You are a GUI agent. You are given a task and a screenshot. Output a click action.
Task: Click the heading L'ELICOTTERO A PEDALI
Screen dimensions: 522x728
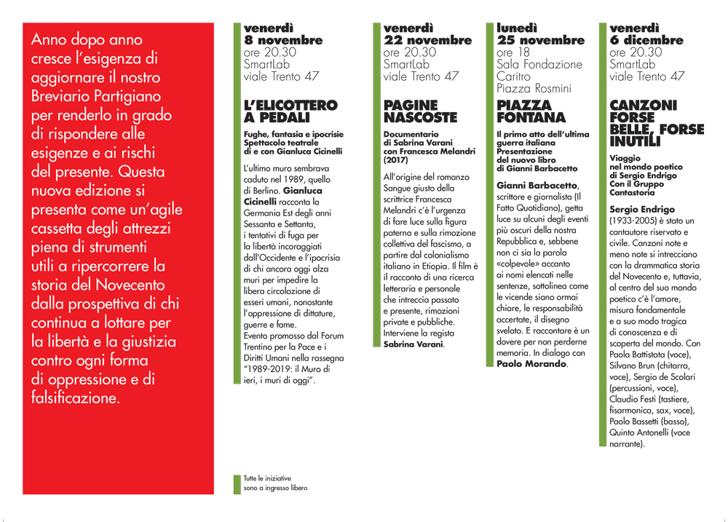coord(290,111)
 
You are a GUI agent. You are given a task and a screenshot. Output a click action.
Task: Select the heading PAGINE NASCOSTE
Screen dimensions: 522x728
coord(420,111)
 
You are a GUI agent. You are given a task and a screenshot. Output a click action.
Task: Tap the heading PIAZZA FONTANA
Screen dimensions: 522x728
coord(531,111)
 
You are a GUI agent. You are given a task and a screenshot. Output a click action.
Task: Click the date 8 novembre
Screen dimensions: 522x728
coord(283,40)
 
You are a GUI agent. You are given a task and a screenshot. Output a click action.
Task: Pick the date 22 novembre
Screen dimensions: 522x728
coord(427,40)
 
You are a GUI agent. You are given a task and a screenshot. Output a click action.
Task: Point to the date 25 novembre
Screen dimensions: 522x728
coord(540,40)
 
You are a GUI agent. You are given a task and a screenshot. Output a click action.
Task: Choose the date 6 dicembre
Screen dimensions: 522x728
coord(646,40)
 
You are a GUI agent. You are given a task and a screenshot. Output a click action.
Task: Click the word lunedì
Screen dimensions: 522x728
coord(517,28)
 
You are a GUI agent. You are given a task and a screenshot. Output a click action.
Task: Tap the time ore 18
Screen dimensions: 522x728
coord(513,52)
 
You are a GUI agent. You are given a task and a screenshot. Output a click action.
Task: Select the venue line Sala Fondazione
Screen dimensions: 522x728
coord(539,64)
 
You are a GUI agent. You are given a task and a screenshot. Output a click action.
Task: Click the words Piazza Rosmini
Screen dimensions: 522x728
coord(534,88)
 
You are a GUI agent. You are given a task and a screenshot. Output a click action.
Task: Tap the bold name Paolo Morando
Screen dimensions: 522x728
coord(531,363)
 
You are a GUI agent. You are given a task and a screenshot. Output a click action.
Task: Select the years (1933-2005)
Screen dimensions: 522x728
coord(639,221)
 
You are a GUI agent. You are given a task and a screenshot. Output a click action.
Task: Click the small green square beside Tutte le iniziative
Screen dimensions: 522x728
coord(236,483)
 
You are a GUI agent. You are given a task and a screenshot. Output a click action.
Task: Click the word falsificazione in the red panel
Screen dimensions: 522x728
coord(75,398)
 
